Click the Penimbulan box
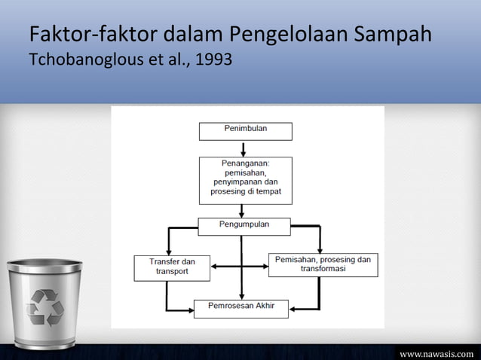click(x=245, y=130)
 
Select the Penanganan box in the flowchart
click(x=245, y=180)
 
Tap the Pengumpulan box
click(x=244, y=225)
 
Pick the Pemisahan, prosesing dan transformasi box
click(x=323, y=265)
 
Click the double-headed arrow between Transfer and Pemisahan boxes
click(x=240, y=266)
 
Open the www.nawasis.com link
click(x=437, y=352)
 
